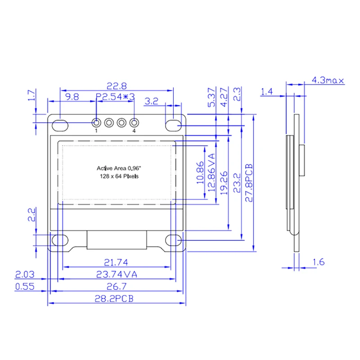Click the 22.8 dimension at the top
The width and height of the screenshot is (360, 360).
116,85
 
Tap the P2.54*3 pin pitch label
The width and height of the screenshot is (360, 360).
116,96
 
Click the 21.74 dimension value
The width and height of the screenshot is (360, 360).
115,262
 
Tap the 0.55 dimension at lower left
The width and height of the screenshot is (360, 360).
25,287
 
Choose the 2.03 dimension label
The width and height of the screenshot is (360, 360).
25,274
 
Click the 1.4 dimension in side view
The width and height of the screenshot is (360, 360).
267,92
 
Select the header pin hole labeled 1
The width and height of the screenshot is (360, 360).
96,122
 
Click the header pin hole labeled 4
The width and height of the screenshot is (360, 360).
134,122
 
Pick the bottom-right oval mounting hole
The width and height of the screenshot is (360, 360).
173,240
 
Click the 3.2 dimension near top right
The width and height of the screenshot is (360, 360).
151,102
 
